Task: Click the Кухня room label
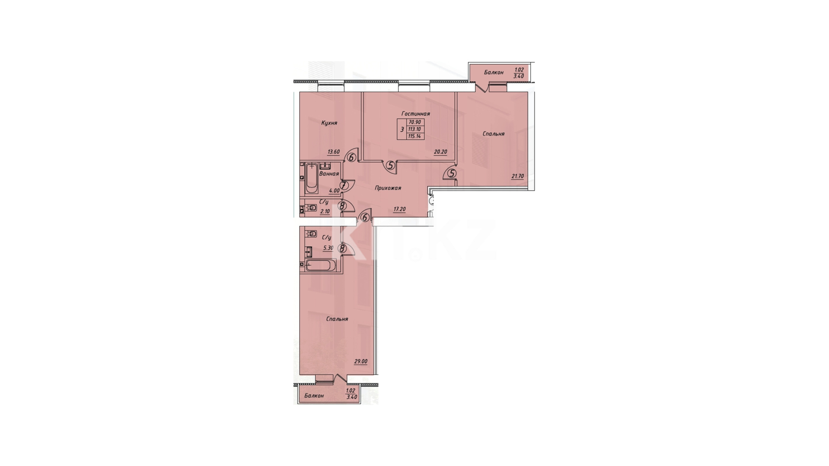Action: pyautogui.click(x=329, y=123)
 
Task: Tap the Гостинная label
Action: pyautogui.click(x=416, y=114)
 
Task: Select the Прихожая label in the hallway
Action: pyautogui.click(x=388, y=188)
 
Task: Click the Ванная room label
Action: pyautogui.click(x=329, y=174)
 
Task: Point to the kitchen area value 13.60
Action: pyautogui.click(x=333, y=152)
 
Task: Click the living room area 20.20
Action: pyautogui.click(x=440, y=152)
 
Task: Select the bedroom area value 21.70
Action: pyautogui.click(x=517, y=176)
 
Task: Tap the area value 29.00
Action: pyautogui.click(x=361, y=362)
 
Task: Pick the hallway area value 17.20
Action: pyautogui.click(x=399, y=209)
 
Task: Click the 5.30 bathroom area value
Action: pyautogui.click(x=328, y=248)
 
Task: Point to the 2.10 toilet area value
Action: pyautogui.click(x=325, y=211)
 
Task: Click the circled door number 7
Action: pyautogui.click(x=344, y=186)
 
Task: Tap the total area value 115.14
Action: pyautogui.click(x=414, y=136)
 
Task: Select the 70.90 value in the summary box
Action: pyautogui.click(x=414, y=123)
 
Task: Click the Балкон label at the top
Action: pyautogui.click(x=494, y=72)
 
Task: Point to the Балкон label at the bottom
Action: pyautogui.click(x=314, y=396)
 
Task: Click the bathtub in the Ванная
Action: pyautogui.click(x=311, y=179)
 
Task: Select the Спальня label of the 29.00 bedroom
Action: pyautogui.click(x=337, y=319)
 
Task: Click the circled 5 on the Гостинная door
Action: pyautogui.click(x=391, y=165)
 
